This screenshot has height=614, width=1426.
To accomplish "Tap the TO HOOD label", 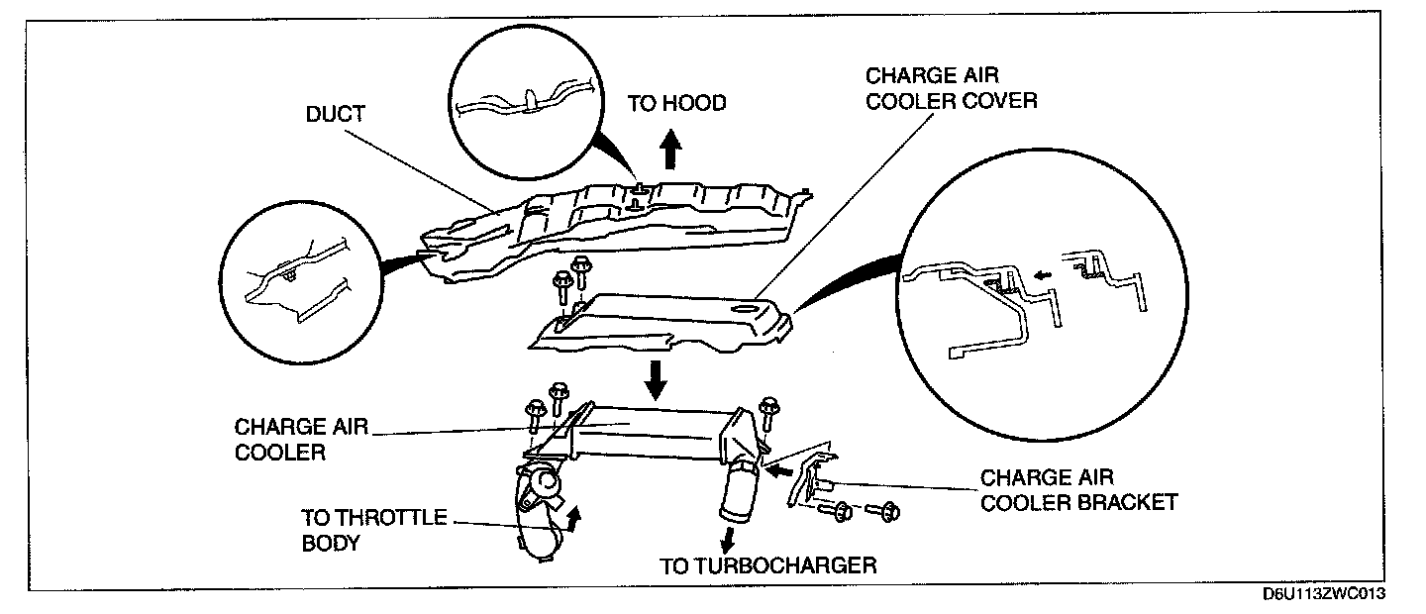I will click(x=676, y=102).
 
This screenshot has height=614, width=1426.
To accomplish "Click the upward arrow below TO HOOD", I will click(x=670, y=152).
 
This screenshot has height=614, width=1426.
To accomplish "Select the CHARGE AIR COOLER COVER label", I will click(x=951, y=89).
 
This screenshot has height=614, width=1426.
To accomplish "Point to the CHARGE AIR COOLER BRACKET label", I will click(x=1078, y=489).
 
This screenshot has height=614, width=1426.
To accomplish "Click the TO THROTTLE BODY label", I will click(x=372, y=530).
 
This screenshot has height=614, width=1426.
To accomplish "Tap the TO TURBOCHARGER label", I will click(x=767, y=565).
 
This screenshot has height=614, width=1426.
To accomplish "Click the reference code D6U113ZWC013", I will click(x=1323, y=594).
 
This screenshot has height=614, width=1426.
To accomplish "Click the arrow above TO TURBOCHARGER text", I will click(x=728, y=539).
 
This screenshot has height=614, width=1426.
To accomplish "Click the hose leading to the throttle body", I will click(x=540, y=515).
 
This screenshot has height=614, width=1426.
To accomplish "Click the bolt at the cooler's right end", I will click(x=768, y=416).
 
